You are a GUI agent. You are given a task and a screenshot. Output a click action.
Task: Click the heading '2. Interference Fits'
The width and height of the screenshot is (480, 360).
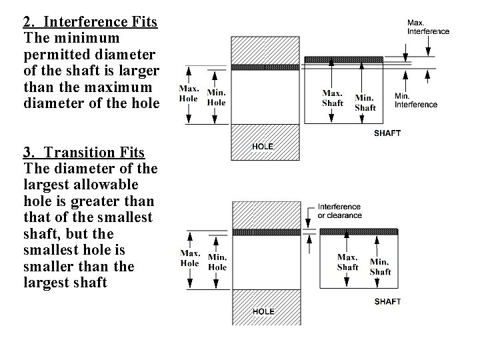(x=90, y=22)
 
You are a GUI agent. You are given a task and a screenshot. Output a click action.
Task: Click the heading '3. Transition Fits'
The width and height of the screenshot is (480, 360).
(x=83, y=153)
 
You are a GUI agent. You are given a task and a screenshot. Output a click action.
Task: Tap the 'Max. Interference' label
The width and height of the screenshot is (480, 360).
(x=428, y=27)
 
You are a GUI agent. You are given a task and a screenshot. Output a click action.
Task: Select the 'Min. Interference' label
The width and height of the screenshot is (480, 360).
(x=416, y=100)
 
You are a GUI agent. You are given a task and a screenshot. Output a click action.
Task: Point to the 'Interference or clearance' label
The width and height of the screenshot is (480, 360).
(x=339, y=211)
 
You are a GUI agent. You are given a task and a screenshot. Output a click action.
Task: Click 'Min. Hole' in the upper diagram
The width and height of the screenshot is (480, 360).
(x=216, y=97)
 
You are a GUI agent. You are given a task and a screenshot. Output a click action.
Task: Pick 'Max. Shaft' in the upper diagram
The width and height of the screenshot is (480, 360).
(x=333, y=98)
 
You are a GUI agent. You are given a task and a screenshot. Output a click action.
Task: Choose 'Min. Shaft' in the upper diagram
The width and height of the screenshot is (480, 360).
(x=365, y=103)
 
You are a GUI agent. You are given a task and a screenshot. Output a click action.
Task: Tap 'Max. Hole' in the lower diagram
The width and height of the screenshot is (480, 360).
(x=190, y=258)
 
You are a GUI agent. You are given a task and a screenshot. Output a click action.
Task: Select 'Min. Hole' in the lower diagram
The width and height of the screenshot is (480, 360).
(x=217, y=262)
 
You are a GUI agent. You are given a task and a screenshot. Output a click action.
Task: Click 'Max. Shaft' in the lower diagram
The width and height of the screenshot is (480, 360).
(x=347, y=262)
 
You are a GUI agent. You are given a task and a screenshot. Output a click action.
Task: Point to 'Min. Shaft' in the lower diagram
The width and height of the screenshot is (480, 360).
(x=380, y=267)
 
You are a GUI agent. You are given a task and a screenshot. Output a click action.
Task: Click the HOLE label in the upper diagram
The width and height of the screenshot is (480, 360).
(x=263, y=145)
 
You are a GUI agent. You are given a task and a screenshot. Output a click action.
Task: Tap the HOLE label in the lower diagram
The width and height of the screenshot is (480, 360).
(x=263, y=311)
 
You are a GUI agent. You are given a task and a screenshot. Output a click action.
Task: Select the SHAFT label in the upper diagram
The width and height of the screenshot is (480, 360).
(x=387, y=133)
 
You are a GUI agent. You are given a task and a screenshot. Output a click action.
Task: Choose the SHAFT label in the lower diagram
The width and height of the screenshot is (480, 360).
(x=387, y=301)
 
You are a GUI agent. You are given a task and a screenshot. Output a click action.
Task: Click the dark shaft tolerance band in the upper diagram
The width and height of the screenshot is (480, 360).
(x=351, y=59)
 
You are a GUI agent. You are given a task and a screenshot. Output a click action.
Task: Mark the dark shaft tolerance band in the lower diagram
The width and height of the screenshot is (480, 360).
(x=359, y=231)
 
